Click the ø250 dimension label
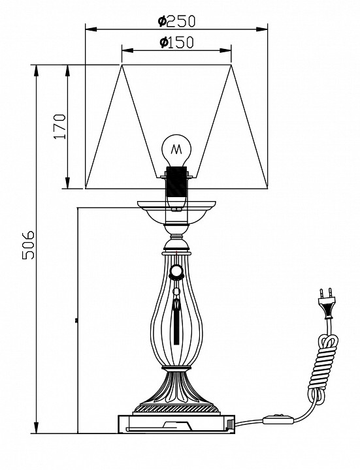176,22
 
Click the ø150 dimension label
176,42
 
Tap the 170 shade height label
59,126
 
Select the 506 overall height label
29,245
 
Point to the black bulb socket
176,181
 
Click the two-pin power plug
326,304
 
